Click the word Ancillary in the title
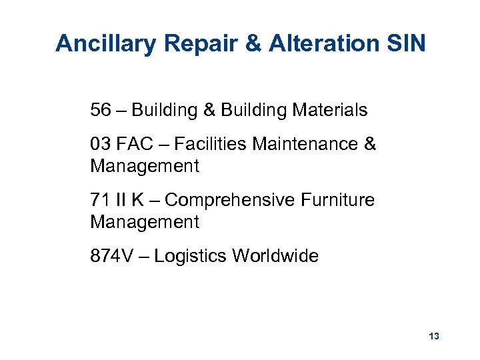click(105, 44)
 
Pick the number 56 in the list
click(101, 110)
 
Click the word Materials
click(331, 110)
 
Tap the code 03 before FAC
click(101, 144)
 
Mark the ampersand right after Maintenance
click(371, 144)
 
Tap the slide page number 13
click(434, 337)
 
